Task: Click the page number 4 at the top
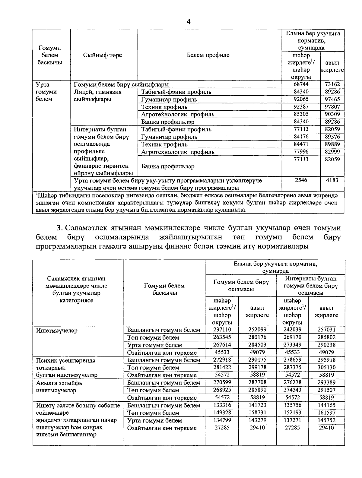click(x=189, y=21)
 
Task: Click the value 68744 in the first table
click(x=301, y=84)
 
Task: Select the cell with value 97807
click(x=332, y=107)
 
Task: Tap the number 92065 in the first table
click(x=301, y=99)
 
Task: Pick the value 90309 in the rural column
click(x=332, y=114)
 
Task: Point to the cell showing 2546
click(x=301, y=180)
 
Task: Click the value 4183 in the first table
click(x=332, y=180)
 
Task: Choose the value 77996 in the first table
click(x=301, y=152)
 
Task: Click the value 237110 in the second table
click(x=222, y=330)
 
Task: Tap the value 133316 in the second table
click(x=222, y=405)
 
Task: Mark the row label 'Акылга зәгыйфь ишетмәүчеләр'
click(x=59, y=387)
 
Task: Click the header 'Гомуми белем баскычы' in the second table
click(x=164, y=289)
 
